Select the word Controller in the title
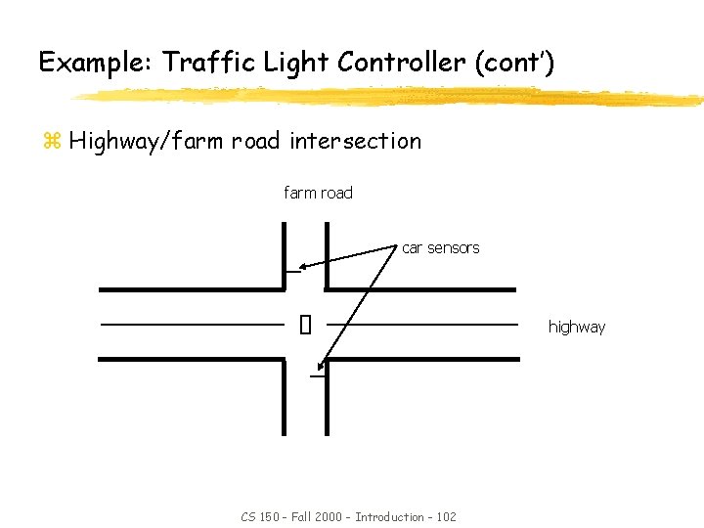pos(401,64)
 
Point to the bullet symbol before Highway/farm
pos(52,142)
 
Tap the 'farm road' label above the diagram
pos(318,193)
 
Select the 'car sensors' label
pos(440,248)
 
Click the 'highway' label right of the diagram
pos(576,327)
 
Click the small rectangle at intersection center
pos(305,324)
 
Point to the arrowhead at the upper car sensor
pos(304,265)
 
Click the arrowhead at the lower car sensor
pos(322,366)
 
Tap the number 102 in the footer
pos(445,516)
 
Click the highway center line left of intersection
pos(192,324)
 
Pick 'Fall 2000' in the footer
pos(316,516)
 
